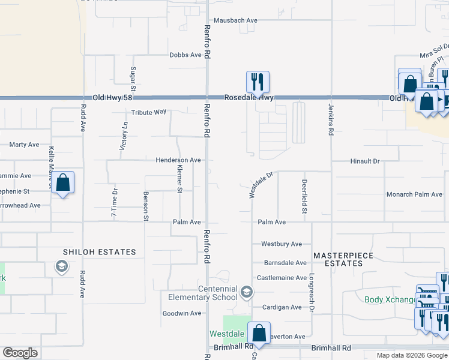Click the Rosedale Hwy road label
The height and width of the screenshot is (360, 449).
[249, 97]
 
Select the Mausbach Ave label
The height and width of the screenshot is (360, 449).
[235, 20]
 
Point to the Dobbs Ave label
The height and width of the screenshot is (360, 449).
[185, 55]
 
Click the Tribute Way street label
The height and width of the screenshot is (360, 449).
[149, 112]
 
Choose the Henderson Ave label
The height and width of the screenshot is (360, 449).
[178, 160]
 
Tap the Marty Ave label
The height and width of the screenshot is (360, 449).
[24, 145]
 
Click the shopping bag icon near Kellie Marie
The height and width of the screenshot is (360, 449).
[62, 182]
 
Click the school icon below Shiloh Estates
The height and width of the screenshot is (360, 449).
[61, 266]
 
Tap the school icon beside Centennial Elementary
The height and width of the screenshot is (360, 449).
[246, 292]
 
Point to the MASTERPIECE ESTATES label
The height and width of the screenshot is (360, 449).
[343, 259]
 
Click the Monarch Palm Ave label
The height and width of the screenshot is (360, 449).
[414, 194]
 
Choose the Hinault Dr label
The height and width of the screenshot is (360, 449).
[366, 161]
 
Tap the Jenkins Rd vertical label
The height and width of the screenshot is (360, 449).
[331, 118]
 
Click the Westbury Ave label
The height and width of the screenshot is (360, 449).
[281, 244]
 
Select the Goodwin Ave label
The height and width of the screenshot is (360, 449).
[182, 313]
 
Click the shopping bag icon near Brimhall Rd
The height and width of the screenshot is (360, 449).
[259, 333]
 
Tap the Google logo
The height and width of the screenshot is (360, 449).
[20, 353]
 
